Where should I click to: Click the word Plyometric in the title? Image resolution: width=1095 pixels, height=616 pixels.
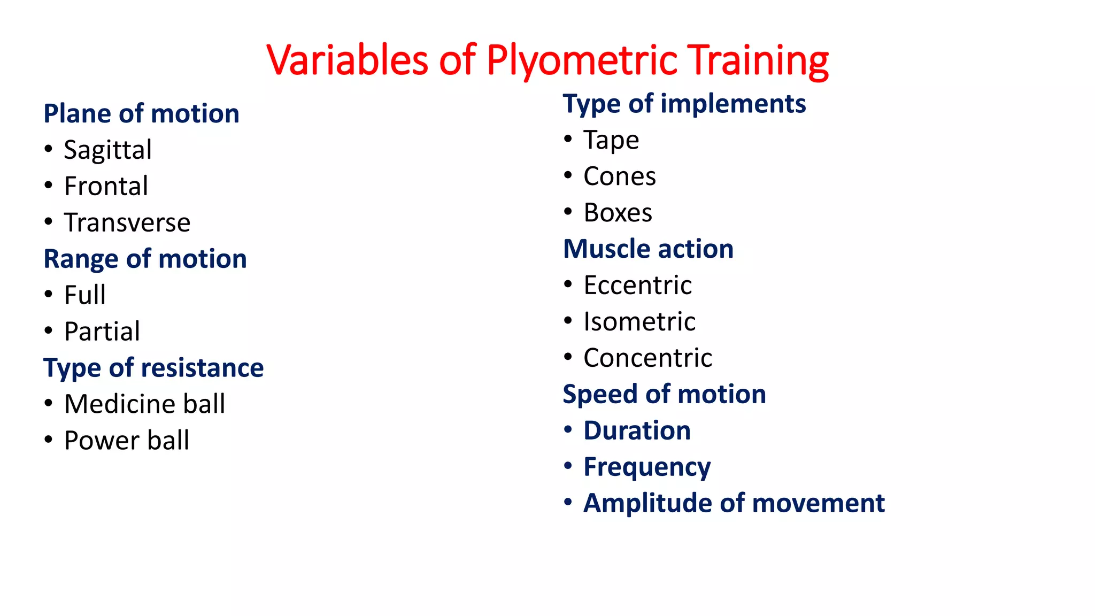pyautogui.click(x=582, y=60)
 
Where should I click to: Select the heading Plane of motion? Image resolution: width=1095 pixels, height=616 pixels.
pyautogui.click(x=141, y=114)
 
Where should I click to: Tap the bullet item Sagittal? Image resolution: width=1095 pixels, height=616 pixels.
pyautogui.click(x=107, y=150)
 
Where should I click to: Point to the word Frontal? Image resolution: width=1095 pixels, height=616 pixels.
pyautogui.click(x=106, y=186)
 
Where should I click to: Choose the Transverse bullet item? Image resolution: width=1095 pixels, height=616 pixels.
pyautogui.click(x=127, y=222)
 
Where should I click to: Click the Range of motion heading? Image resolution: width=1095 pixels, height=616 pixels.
pyautogui.click(x=145, y=259)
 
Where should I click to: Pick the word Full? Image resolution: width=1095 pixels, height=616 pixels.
pyautogui.click(x=84, y=295)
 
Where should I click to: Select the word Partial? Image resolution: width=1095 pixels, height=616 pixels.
pyautogui.click(x=102, y=332)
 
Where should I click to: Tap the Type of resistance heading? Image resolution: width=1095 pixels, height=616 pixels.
pyautogui.click(x=153, y=368)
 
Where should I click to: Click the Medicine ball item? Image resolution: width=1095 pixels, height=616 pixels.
pyautogui.click(x=144, y=404)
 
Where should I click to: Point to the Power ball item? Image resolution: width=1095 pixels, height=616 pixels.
pyautogui.click(x=126, y=441)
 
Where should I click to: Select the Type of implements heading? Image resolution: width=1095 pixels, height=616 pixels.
pyautogui.click(x=684, y=104)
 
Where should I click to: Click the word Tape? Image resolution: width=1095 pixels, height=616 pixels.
pyautogui.click(x=611, y=140)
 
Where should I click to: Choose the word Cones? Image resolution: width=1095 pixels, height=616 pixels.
pyautogui.click(x=619, y=176)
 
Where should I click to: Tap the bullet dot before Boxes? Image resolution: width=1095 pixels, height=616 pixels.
pyautogui.click(x=568, y=212)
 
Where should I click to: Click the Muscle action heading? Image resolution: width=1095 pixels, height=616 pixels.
pyautogui.click(x=648, y=249)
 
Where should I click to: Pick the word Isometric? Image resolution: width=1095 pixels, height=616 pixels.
pyautogui.click(x=639, y=322)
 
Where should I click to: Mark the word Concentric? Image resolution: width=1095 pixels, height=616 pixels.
pyautogui.click(x=647, y=358)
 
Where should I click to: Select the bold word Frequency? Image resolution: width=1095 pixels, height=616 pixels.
pyautogui.click(x=647, y=467)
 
